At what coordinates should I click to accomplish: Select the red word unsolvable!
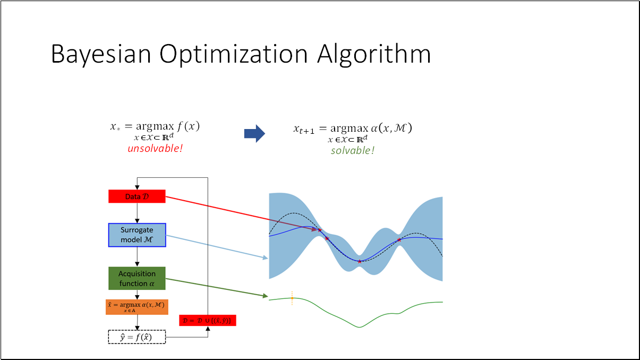155,149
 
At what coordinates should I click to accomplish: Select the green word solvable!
353,150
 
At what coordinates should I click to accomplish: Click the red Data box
137,196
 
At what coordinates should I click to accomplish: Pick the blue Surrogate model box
137,235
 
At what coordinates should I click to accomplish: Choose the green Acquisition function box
137,278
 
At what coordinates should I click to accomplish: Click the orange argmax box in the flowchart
137,307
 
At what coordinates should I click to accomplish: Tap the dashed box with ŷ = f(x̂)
137,337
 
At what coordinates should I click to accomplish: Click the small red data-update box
207,320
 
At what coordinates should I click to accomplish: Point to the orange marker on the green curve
292,298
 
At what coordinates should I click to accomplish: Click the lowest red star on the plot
360,261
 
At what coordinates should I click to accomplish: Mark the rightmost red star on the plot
399,240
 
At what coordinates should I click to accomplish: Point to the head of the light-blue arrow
266,258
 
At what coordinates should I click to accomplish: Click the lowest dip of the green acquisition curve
359,327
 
